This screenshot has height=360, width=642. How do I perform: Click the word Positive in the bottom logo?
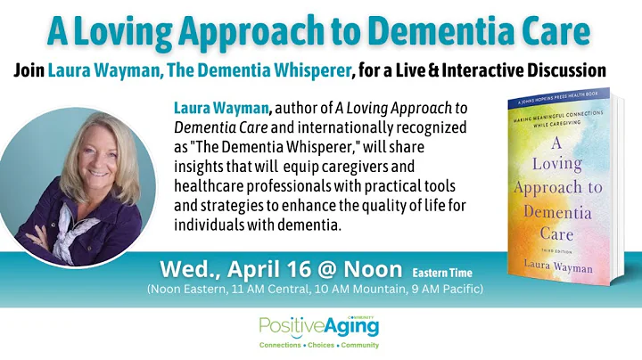(x=288, y=327)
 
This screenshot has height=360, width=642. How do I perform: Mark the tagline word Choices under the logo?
(x=318, y=346)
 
